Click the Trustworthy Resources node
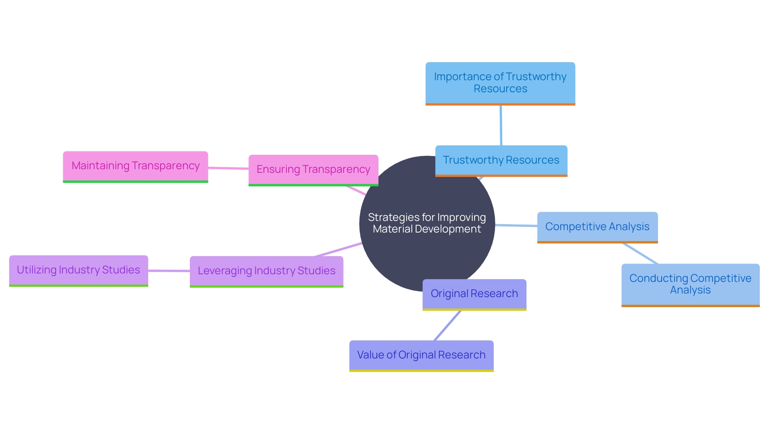(x=501, y=160)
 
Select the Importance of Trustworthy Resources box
(x=500, y=83)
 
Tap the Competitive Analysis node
(x=597, y=227)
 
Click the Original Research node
(x=474, y=294)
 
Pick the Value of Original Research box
(x=421, y=355)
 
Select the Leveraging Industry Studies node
(x=266, y=271)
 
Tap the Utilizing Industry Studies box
(x=79, y=270)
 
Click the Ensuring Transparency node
(x=313, y=170)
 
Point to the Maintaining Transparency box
(x=135, y=166)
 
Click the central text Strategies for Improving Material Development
(x=427, y=223)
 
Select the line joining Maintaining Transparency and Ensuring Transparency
(x=228, y=168)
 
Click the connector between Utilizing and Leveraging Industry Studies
(x=169, y=271)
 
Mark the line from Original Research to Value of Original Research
(x=448, y=326)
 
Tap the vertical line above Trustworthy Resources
(x=501, y=125)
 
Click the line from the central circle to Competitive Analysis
(x=516, y=226)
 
